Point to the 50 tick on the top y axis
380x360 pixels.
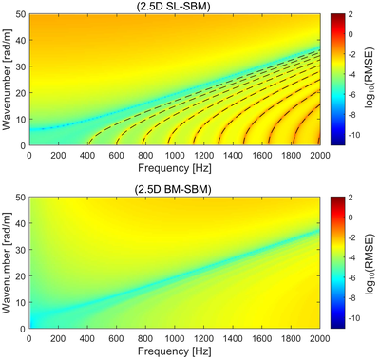(23, 14)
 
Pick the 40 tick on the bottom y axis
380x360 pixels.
(23, 223)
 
